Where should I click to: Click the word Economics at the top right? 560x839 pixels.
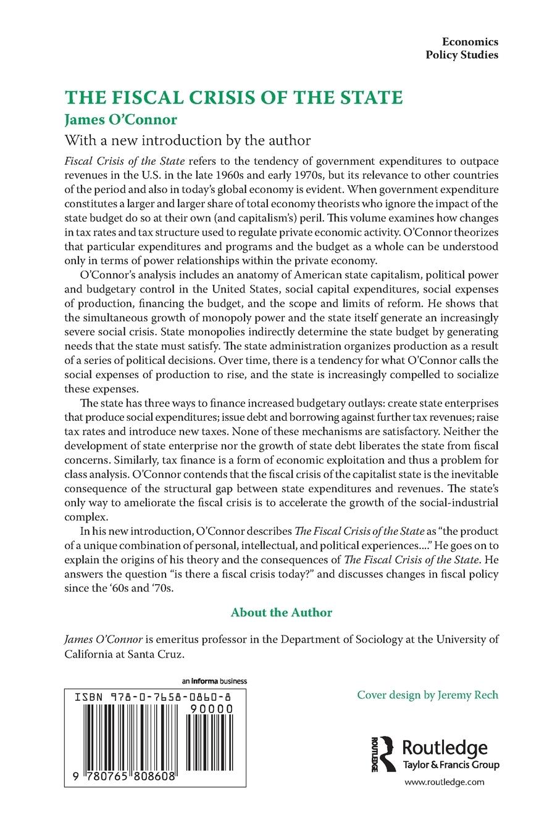(x=470, y=41)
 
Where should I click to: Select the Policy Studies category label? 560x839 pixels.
(x=462, y=55)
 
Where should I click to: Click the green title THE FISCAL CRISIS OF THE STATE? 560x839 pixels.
(x=234, y=97)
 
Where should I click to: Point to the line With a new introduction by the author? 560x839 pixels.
(x=187, y=139)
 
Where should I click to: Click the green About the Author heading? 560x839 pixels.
(x=281, y=613)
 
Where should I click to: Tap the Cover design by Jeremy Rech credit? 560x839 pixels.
(x=427, y=695)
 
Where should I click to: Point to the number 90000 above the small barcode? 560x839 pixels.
(x=211, y=709)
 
